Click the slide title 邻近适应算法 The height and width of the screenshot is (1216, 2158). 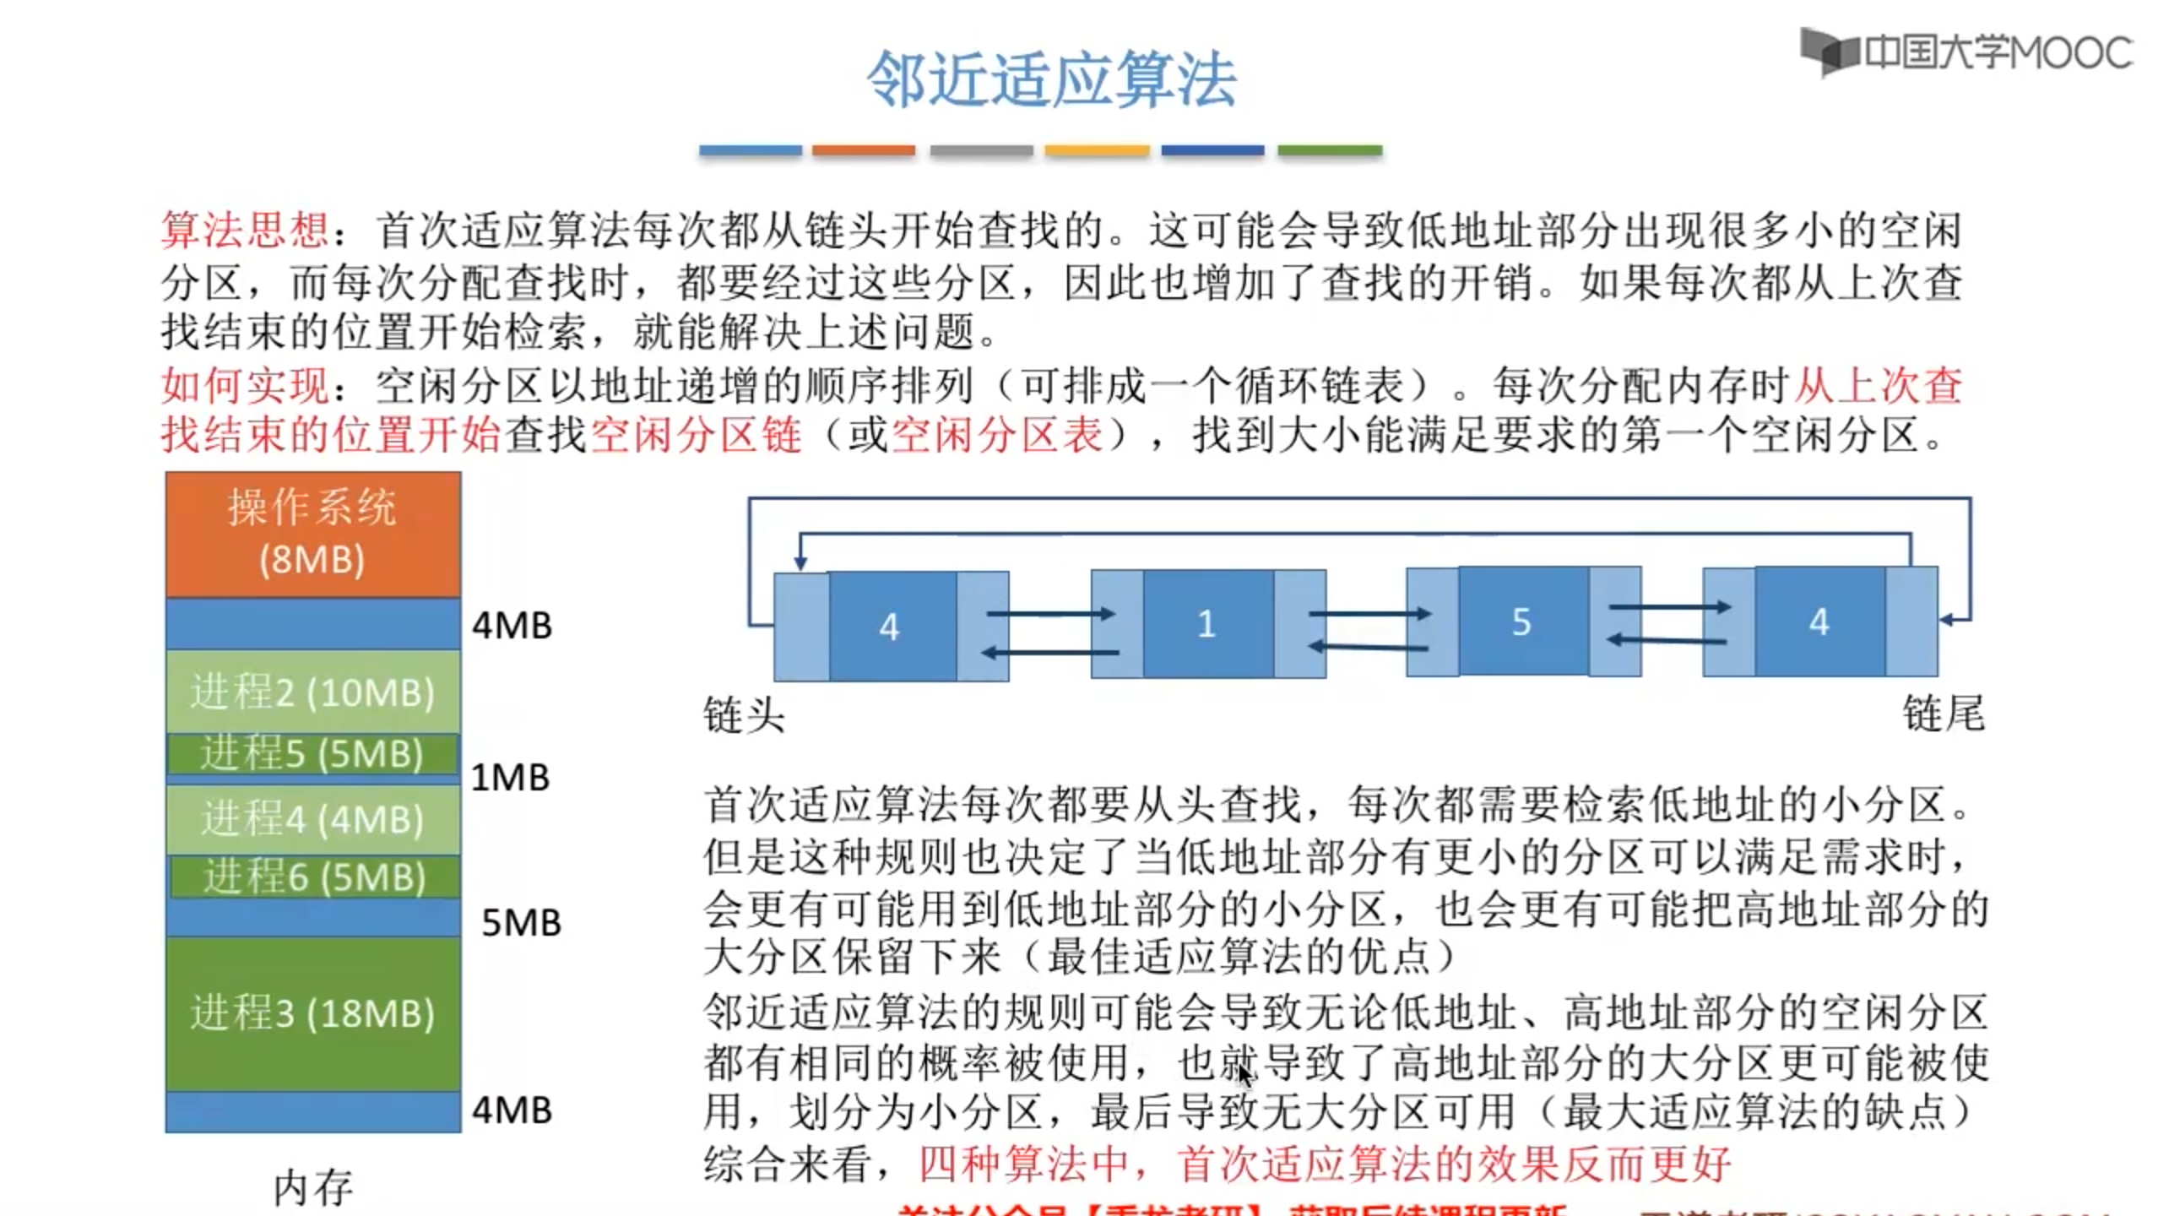click(x=1052, y=79)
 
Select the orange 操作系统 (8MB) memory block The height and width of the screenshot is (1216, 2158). click(x=312, y=534)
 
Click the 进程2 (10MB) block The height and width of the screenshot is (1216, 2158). click(x=312, y=692)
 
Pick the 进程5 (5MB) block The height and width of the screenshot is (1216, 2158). click(x=312, y=753)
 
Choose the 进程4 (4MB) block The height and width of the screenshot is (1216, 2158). click(x=312, y=819)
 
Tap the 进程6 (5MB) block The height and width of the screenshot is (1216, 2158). click(x=314, y=877)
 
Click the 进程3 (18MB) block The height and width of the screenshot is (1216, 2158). click(x=312, y=1012)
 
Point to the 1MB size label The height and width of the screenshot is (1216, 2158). click(x=510, y=777)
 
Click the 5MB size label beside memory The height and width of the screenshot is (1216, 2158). click(x=521, y=922)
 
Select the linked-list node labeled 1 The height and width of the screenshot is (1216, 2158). click(x=1207, y=624)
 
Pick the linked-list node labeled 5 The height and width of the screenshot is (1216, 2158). click(x=1522, y=622)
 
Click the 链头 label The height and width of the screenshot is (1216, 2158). click(x=744, y=715)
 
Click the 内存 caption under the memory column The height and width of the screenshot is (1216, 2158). click(x=312, y=1187)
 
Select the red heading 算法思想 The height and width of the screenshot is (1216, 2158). click(x=245, y=231)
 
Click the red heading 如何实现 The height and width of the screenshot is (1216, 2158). click(x=245, y=386)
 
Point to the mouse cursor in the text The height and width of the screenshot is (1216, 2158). click(x=1244, y=1074)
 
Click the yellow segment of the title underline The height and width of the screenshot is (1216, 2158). click(x=1096, y=150)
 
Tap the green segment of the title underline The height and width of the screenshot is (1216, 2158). click(x=1329, y=150)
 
